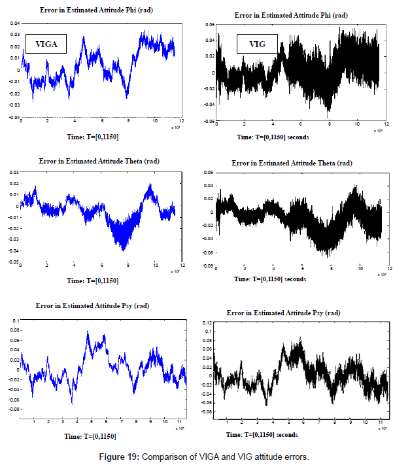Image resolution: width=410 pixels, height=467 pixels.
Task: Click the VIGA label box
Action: (44, 44)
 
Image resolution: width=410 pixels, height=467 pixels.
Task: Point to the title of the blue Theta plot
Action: (99, 161)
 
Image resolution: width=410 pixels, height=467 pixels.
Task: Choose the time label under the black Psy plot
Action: (271, 434)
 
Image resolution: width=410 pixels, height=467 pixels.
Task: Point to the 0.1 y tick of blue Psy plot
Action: (16, 321)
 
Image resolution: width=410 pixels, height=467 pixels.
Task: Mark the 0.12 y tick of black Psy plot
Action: (209, 323)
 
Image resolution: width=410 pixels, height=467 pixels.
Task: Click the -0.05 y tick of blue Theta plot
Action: (13, 262)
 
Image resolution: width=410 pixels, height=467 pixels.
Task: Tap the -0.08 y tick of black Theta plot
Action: (209, 266)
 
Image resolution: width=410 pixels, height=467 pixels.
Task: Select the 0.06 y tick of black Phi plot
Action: (209, 24)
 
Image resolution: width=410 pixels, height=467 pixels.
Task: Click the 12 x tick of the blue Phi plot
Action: (182, 122)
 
